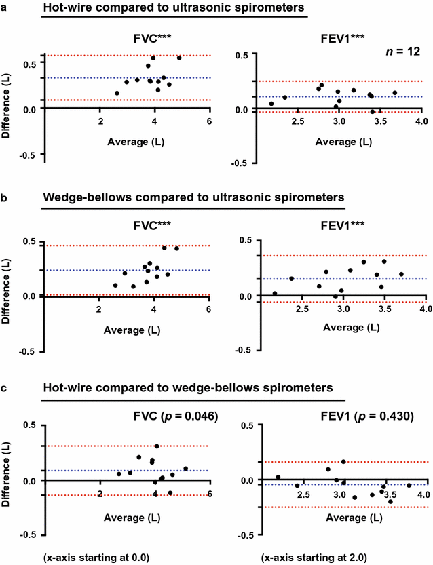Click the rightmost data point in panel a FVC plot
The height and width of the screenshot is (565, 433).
pyautogui.click(x=179, y=58)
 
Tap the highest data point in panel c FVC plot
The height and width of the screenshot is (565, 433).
pyautogui.click(x=157, y=446)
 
